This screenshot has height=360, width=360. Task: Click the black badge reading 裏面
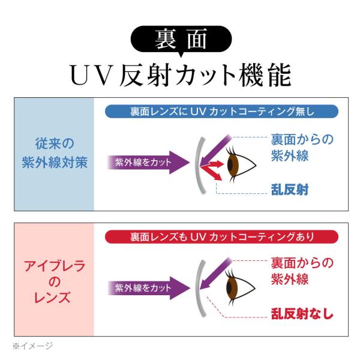[181, 40]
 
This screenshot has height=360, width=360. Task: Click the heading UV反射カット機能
[181, 75]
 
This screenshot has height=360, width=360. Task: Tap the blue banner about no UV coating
[221, 112]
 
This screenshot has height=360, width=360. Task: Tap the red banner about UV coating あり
[221, 237]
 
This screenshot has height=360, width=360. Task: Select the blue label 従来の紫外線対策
[55, 153]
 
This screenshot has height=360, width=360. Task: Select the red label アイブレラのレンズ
[55, 282]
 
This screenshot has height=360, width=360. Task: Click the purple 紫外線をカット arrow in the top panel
[149, 163]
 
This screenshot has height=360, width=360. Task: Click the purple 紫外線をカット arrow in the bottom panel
[149, 288]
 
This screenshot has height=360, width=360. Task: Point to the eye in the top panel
[241, 164]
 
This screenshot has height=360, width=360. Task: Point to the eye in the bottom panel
[240, 287]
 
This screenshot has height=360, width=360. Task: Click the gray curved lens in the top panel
[197, 166]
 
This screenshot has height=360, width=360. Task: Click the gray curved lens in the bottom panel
[197, 289]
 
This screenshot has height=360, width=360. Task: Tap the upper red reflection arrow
[212, 164]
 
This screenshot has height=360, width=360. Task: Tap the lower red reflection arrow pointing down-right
[212, 172]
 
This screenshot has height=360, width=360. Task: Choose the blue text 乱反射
[290, 190]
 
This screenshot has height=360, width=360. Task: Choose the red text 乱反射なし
[302, 314]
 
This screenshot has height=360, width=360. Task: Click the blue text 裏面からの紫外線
[302, 148]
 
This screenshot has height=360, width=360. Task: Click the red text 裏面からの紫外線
[302, 271]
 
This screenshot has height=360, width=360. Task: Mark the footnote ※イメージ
[32, 346]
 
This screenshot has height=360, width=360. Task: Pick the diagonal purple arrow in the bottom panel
[215, 274]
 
